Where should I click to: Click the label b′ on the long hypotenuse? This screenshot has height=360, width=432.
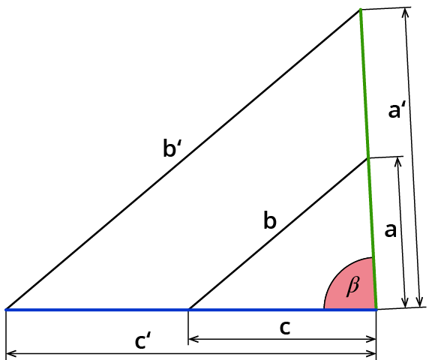pyautogui.click(x=172, y=148)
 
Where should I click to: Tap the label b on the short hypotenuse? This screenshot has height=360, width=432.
pyautogui.click(x=270, y=220)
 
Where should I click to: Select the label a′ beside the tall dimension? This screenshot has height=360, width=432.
pyautogui.click(x=397, y=109)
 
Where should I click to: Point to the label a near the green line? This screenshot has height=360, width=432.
pyautogui.click(x=391, y=230)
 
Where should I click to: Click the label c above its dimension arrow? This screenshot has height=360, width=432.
pyautogui.click(x=285, y=328)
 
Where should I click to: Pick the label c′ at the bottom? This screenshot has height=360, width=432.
pyautogui.click(x=143, y=340)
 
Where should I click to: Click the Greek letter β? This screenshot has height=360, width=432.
pyautogui.click(x=353, y=286)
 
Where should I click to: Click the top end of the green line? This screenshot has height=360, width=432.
pyautogui.click(x=360, y=10)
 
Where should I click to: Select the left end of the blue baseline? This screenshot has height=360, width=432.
pyautogui.click(x=6, y=310)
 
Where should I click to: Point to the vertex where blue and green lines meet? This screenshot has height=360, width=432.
pyautogui.click(x=376, y=310)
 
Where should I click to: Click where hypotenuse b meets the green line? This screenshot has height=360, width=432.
pyautogui.click(x=368, y=158)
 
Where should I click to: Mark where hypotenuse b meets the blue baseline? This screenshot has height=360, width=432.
pyautogui.click(x=189, y=310)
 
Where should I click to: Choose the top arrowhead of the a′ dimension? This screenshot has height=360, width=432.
pyautogui.click(x=405, y=13)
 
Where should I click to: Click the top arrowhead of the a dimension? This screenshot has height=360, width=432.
pyautogui.click(x=397, y=162)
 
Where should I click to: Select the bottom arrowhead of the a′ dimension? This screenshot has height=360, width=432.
pyautogui.click(x=420, y=302)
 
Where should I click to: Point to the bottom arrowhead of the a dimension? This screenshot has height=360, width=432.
pyautogui.click(x=405, y=302)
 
